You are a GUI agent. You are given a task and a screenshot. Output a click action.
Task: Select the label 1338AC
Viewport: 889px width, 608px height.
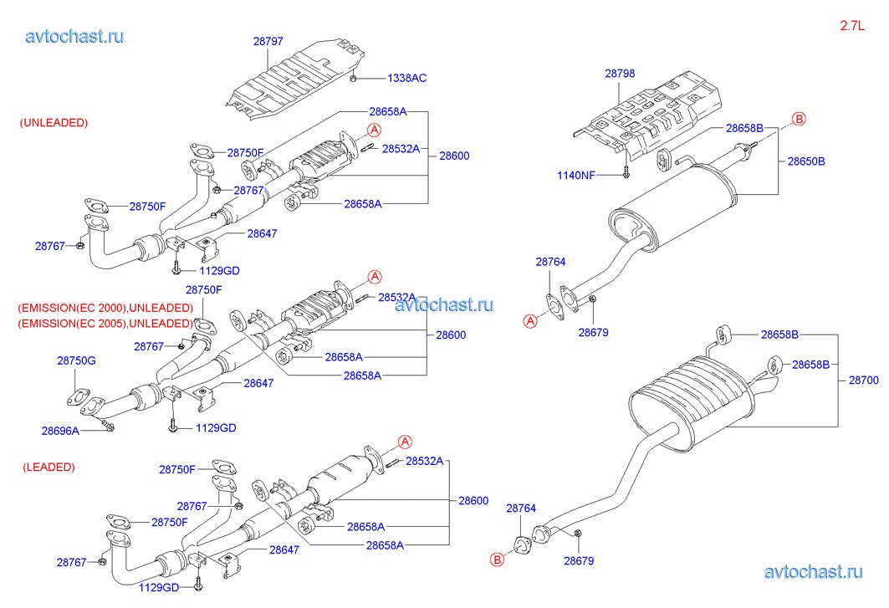click(x=406, y=78)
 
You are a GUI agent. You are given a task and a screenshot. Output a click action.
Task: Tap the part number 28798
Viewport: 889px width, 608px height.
click(x=620, y=74)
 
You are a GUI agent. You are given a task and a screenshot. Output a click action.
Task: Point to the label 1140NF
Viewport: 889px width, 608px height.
click(x=577, y=175)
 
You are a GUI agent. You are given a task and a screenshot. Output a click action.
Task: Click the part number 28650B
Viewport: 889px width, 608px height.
click(x=806, y=161)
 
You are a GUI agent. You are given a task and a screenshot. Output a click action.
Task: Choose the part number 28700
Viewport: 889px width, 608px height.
click(x=864, y=379)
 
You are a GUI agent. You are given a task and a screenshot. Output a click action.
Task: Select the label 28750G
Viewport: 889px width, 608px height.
click(x=76, y=360)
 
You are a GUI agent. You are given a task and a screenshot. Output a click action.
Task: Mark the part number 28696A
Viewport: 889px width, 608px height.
click(x=60, y=431)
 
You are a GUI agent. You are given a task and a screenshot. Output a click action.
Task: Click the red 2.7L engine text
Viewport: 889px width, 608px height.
click(x=851, y=26)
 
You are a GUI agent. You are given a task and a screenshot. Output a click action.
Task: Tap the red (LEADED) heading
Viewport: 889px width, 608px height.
click(x=49, y=467)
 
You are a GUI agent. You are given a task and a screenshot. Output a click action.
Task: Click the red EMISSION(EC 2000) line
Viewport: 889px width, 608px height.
click(x=105, y=307)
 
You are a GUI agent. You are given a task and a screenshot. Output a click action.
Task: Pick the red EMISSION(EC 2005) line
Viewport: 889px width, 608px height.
click(x=105, y=323)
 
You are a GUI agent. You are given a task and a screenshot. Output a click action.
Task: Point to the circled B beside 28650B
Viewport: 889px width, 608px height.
click(x=799, y=120)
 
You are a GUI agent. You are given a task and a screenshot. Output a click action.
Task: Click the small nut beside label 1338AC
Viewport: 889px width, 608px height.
click(x=355, y=78)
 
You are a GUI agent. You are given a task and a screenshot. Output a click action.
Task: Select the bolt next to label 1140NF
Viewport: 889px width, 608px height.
click(x=625, y=174)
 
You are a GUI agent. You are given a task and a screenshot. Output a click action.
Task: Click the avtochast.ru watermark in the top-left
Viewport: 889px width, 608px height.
click(x=75, y=36)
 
